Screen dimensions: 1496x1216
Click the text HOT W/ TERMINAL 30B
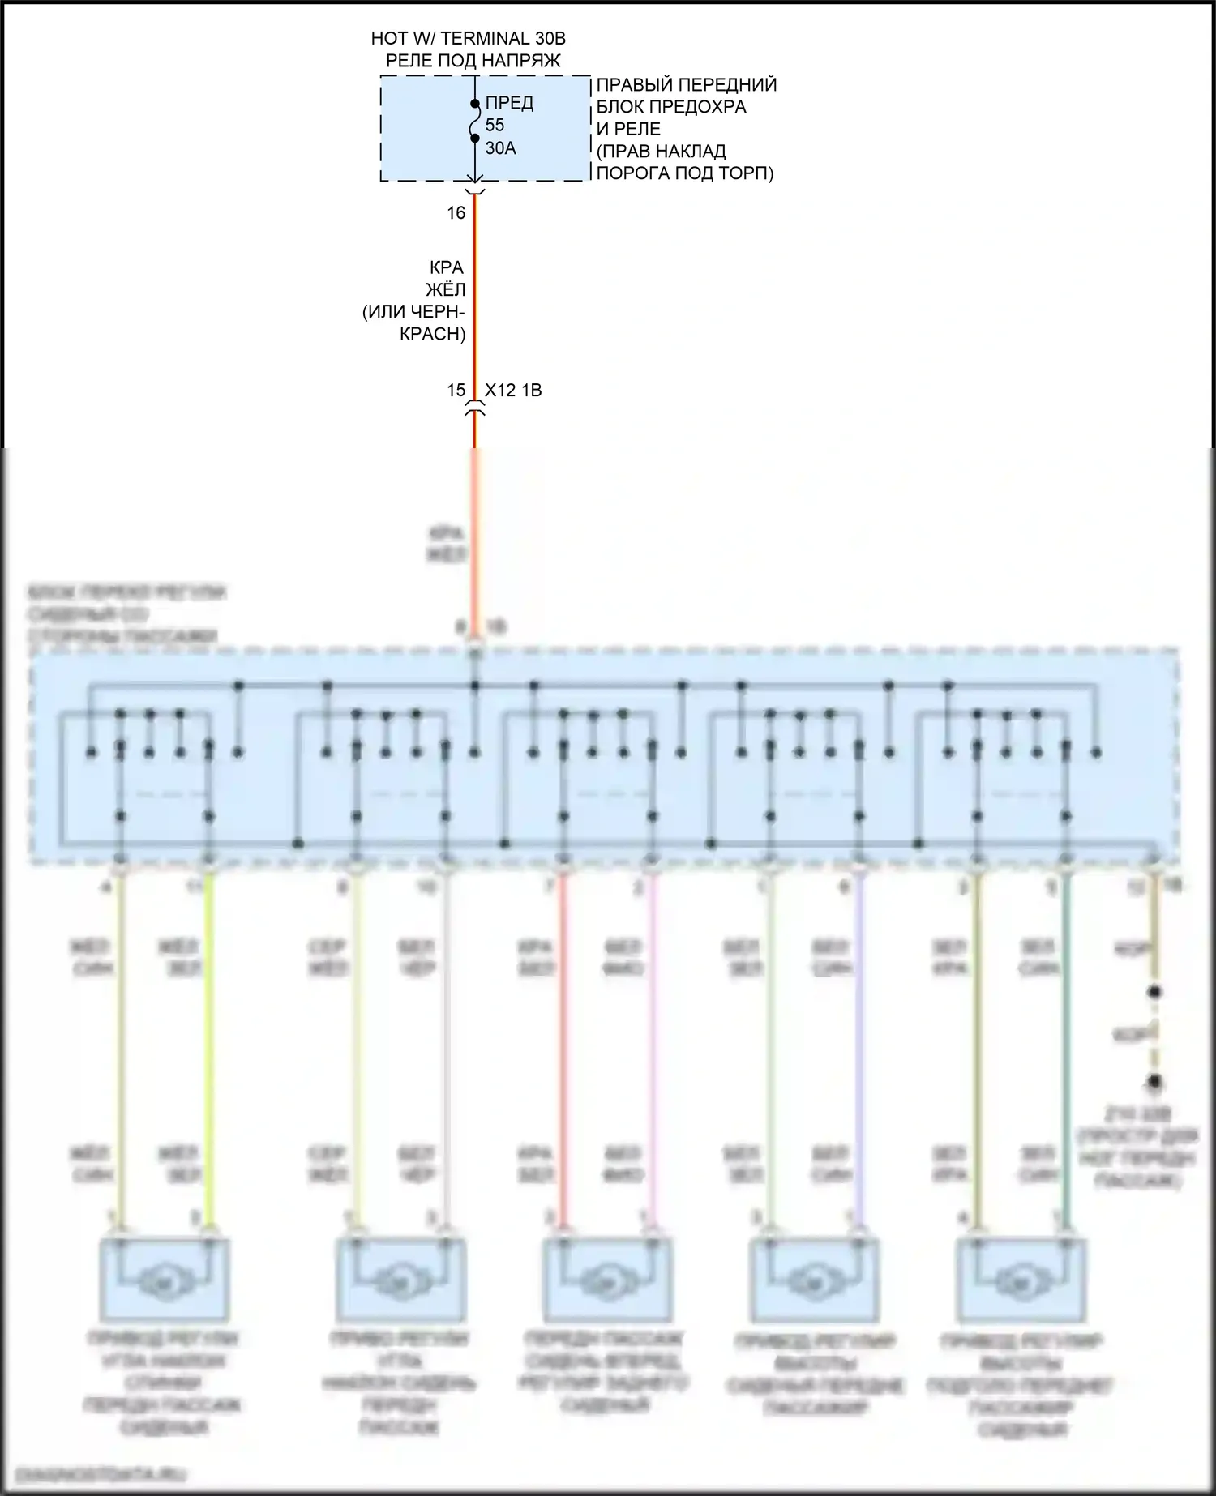pos(468,38)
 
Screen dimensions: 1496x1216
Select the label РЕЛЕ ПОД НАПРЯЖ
pos(473,61)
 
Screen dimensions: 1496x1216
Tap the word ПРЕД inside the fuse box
pos(509,103)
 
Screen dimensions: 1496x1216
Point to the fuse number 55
pos(495,125)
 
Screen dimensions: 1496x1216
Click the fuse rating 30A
pos(500,147)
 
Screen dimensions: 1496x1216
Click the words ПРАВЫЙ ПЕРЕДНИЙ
pos(687,85)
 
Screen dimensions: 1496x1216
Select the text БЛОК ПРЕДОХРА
pos(671,107)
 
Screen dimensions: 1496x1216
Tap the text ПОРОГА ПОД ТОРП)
pos(685,173)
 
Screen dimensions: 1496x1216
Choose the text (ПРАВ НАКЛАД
pos(661,151)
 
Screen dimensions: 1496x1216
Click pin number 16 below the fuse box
pos(456,212)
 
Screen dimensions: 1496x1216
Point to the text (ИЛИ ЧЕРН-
pos(413,312)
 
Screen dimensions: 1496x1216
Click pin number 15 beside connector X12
pos(456,390)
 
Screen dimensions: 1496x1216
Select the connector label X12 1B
pos(513,390)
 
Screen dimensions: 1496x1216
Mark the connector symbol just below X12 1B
pos(475,412)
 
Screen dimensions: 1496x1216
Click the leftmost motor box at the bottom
pos(164,1280)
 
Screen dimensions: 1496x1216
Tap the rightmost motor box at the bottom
pos(1021,1280)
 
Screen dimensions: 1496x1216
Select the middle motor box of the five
pos(606,1280)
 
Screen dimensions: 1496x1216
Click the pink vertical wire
pos(652,1054)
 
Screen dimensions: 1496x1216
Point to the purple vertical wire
pos(859,1054)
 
